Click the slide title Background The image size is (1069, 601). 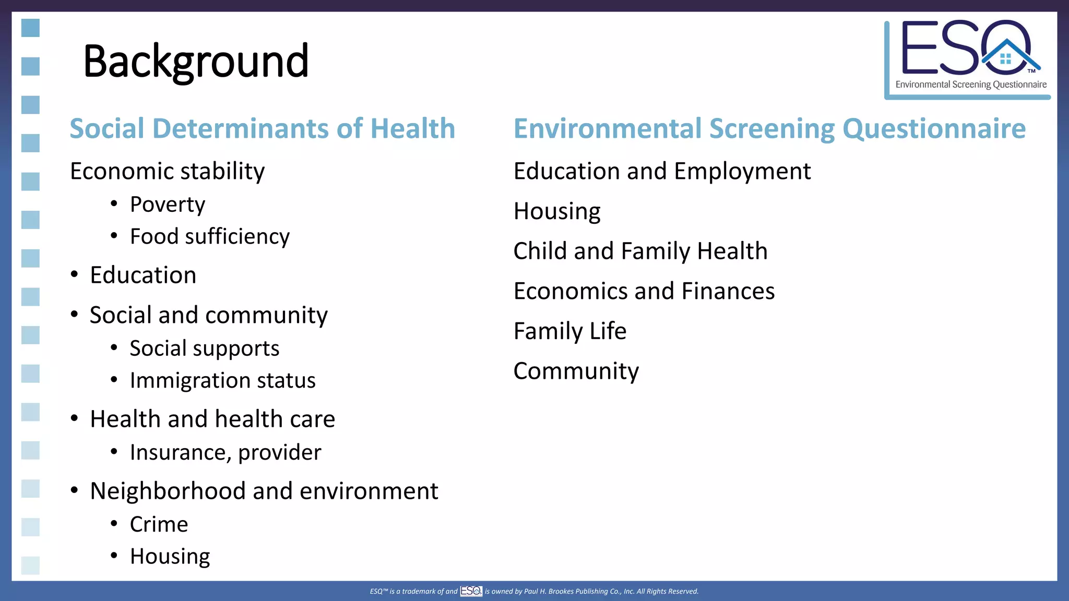(196, 61)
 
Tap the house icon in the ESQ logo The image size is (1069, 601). (1007, 57)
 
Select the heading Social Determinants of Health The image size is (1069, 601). (263, 128)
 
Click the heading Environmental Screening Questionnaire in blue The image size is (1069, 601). (769, 128)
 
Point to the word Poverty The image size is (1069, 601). (168, 205)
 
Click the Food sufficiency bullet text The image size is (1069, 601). (209, 236)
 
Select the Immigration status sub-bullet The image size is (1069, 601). (222, 380)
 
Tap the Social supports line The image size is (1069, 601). (204, 348)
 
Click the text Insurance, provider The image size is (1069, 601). (225, 452)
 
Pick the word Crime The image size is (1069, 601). (159, 524)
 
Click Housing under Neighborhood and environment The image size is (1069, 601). (170, 557)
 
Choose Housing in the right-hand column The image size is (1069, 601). (557, 211)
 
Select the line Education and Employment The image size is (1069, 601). (662, 171)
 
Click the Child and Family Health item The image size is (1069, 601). (640, 251)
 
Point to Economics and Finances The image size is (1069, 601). (644, 291)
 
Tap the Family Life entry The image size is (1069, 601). (570, 331)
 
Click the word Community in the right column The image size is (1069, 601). (576, 371)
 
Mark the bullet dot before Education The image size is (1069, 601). (75, 274)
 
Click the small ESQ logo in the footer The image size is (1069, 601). (471, 591)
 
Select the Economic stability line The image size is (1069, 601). (167, 171)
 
